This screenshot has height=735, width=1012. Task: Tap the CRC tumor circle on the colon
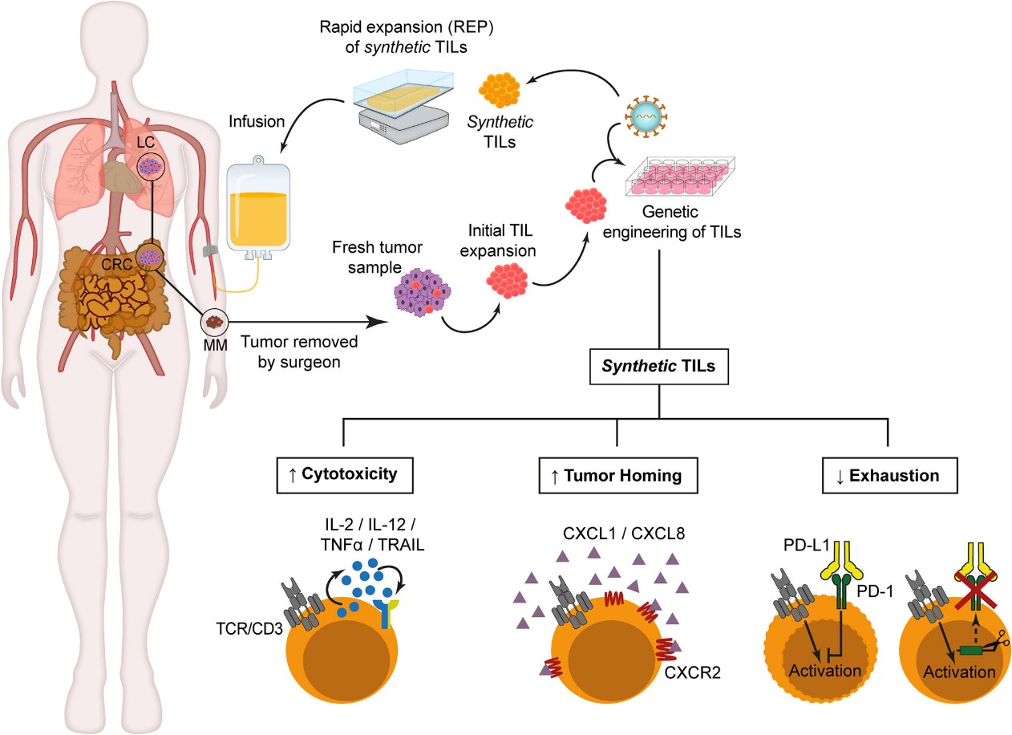(x=149, y=258)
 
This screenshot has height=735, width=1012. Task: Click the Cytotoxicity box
(x=342, y=474)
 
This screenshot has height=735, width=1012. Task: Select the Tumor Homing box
(x=615, y=475)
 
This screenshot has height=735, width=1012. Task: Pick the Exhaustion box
(x=888, y=475)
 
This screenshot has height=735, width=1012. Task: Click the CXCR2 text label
(x=691, y=671)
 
